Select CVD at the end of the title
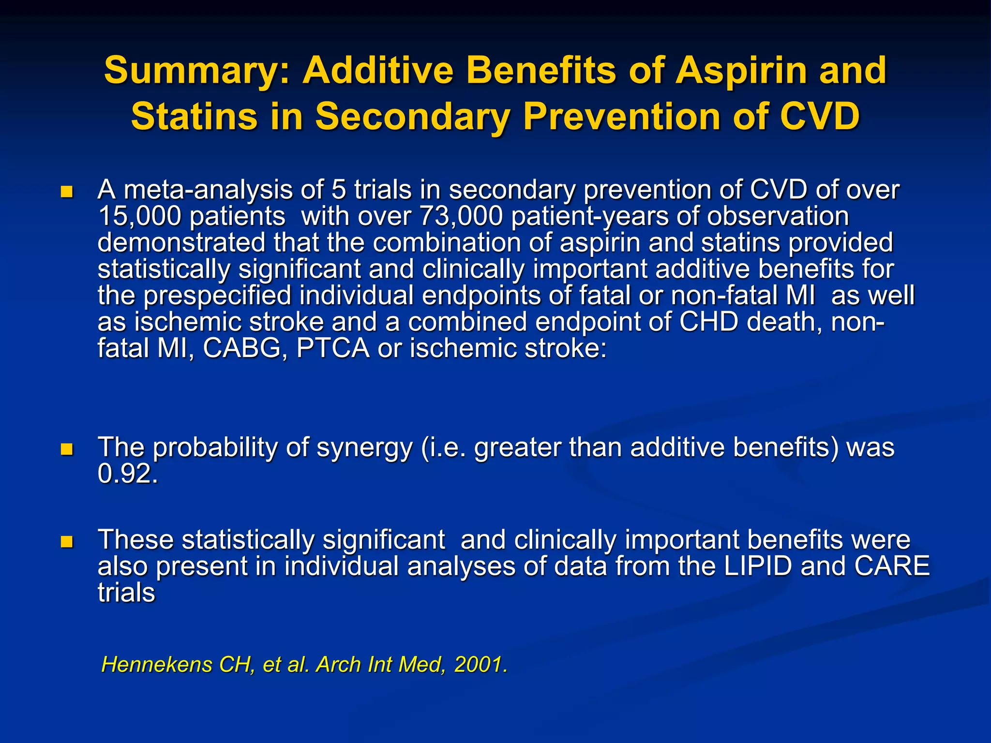click(820, 117)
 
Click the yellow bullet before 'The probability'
click(67, 450)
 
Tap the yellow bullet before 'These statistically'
click(67, 542)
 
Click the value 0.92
click(127, 474)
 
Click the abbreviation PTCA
click(333, 348)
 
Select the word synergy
click(364, 448)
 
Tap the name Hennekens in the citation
click(156, 665)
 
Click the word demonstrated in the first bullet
click(181, 243)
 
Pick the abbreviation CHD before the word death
click(708, 322)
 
